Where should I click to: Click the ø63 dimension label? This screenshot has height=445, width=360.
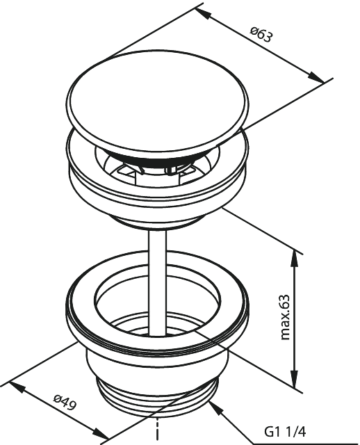tap(261, 34)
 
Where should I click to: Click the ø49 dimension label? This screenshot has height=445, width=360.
tap(65, 403)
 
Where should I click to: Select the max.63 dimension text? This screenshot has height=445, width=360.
tap(285, 317)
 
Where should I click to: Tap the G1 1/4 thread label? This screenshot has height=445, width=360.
tap(285, 432)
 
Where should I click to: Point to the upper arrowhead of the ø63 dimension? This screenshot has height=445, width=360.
tap(203, 14)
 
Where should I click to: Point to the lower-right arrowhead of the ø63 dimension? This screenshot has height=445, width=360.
tap(316, 78)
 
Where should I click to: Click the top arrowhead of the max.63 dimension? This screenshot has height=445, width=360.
tap(295, 258)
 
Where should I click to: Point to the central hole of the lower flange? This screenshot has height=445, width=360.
tap(158, 301)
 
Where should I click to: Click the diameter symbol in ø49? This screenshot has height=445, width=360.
tap(58, 398)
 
